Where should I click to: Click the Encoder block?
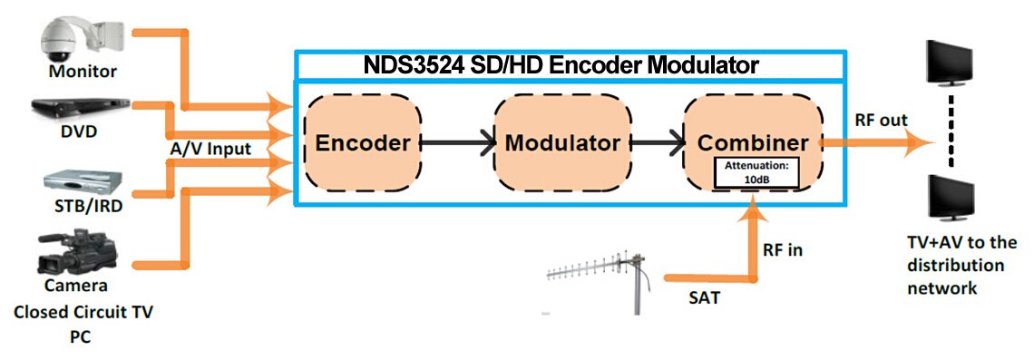(362, 142)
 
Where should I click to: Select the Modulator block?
(561, 142)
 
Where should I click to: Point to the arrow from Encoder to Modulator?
(457, 142)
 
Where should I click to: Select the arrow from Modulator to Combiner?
(657, 142)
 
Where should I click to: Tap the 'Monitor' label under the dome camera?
(83, 70)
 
